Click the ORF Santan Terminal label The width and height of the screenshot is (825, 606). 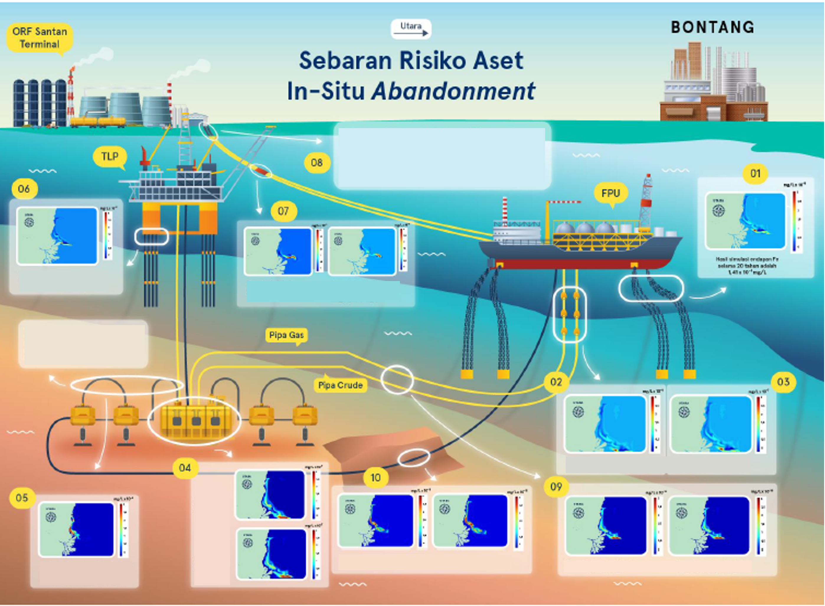point(40,38)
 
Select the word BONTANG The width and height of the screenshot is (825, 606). point(712,27)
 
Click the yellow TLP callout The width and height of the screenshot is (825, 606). point(110,157)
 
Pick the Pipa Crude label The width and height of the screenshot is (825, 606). point(340,385)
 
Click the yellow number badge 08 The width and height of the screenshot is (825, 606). point(317,163)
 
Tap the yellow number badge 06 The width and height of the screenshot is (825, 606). point(24,189)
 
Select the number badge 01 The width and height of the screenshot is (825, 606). point(755,174)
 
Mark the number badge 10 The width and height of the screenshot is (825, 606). point(375,478)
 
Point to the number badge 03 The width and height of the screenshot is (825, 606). point(783,382)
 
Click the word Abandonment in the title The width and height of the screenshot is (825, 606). point(453,91)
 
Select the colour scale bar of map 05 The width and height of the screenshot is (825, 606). point(121,529)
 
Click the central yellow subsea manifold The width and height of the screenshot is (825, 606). point(195,420)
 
